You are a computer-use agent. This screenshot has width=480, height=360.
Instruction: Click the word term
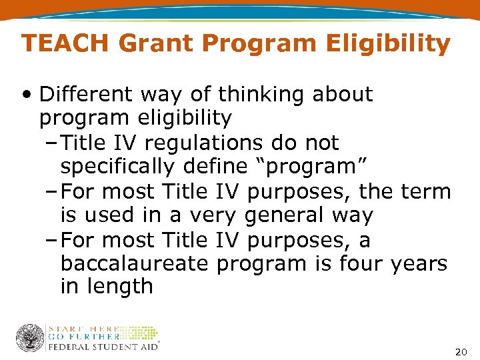(426, 192)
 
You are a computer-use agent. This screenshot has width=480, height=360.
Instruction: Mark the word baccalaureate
(135, 264)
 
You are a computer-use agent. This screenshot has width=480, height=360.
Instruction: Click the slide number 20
(460, 351)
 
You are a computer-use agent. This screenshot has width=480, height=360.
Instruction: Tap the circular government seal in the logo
(29, 337)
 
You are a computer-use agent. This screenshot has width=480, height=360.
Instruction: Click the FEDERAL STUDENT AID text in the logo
(101, 346)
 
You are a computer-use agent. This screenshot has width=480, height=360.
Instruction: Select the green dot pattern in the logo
(139, 333)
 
